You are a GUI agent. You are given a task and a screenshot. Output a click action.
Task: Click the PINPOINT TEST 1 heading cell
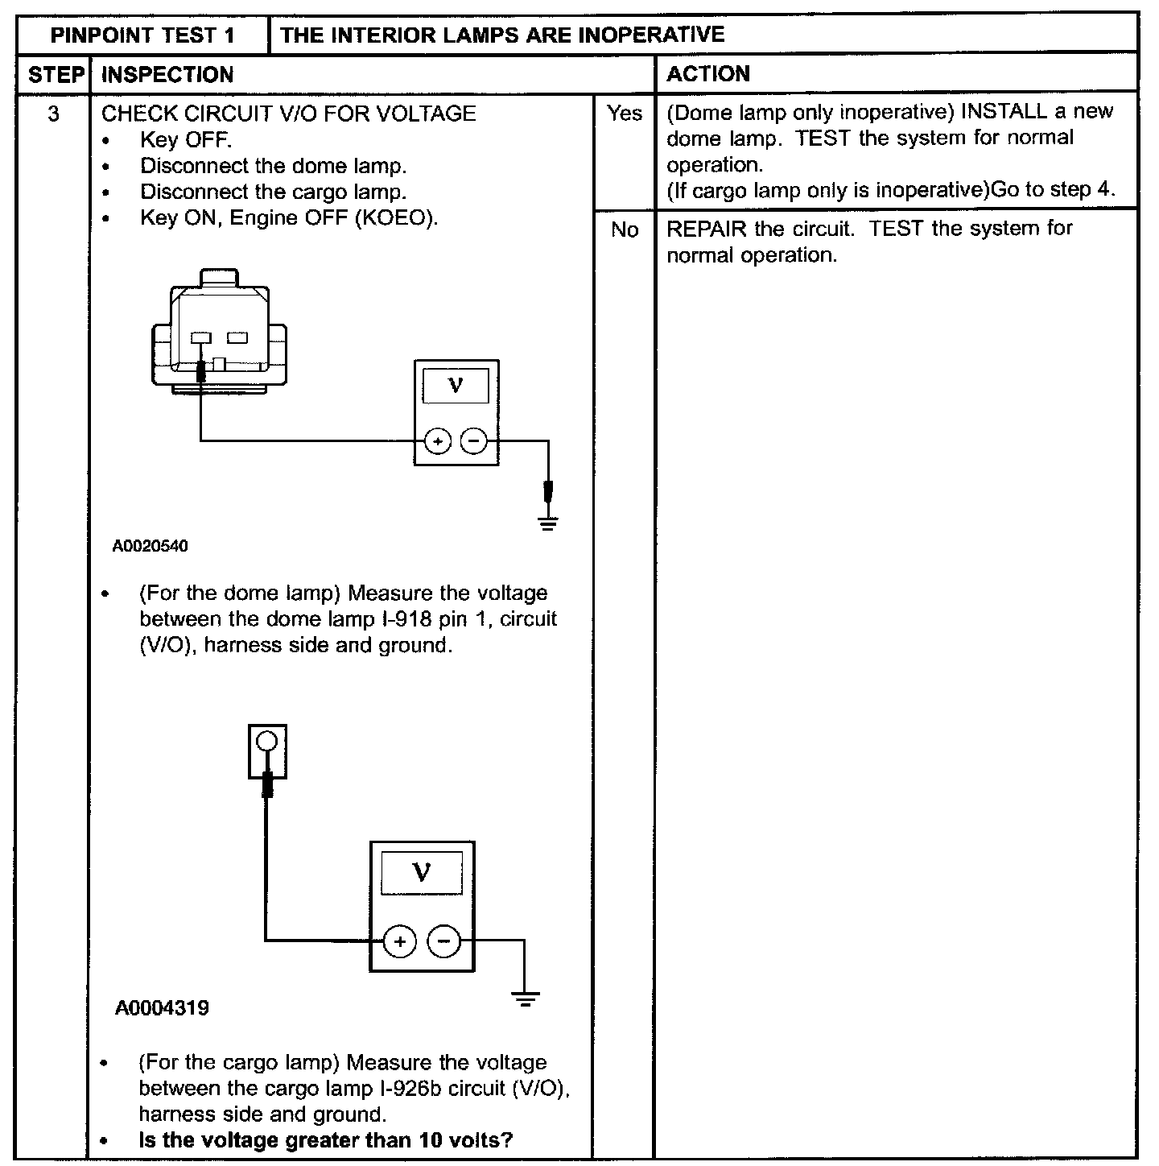142,35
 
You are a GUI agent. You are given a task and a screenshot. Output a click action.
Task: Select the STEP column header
56,75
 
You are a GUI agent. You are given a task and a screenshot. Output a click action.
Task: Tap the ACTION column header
708,74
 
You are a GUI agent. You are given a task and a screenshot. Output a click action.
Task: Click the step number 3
53,114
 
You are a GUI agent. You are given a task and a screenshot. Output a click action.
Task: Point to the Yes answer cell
625,114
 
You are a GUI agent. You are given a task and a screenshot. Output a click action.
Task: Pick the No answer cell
625,230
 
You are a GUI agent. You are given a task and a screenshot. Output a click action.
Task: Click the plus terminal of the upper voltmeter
437,441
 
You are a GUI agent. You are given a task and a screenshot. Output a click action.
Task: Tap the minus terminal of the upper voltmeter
474,441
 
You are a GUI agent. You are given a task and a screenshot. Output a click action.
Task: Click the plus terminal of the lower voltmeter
399,941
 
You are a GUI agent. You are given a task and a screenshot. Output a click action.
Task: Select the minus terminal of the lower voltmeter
443,941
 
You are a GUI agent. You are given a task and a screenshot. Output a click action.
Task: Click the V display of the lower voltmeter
421,871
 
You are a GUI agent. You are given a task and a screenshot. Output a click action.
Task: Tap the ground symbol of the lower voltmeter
525,1002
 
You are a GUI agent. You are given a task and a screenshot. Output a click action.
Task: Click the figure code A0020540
151,546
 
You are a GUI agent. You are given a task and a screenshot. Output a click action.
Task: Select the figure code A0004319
162,1007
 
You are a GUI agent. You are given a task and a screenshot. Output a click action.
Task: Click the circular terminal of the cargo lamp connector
268,742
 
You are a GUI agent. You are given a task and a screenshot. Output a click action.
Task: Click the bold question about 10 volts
326,1140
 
